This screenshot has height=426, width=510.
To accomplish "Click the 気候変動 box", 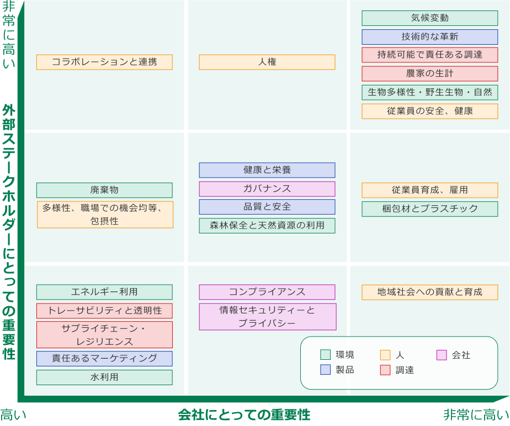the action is [429, 18].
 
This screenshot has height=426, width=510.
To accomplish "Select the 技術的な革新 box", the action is [429, 37].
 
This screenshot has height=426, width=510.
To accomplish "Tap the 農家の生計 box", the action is [429, 73].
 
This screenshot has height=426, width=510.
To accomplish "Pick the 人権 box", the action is [267, 62].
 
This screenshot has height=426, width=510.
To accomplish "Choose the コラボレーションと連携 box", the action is [104, 62].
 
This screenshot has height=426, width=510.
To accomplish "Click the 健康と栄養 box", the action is [267, 170].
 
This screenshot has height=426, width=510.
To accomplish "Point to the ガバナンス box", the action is [267, 189].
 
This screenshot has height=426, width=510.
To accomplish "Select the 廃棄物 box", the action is [104, 190].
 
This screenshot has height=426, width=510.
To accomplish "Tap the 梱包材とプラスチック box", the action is [429, 209].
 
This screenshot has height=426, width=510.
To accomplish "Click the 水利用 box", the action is [104, 377].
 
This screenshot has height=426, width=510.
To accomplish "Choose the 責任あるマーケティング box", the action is [104, 358].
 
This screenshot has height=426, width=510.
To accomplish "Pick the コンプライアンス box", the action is [267, 292].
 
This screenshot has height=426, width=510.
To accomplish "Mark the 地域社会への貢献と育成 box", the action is [429, 292].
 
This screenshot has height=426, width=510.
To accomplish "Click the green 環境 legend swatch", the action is [325, 355].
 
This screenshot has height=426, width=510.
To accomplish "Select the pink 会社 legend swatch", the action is [442, 355].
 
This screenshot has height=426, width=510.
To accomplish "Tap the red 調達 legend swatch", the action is [385, 370].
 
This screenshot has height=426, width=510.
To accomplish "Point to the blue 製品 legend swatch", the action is [325, 370].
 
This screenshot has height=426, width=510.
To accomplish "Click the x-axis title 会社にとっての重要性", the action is [244, 414].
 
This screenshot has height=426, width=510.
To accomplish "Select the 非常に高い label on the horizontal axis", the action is [476, 415].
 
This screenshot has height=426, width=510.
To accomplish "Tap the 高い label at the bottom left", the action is [13, 415].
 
